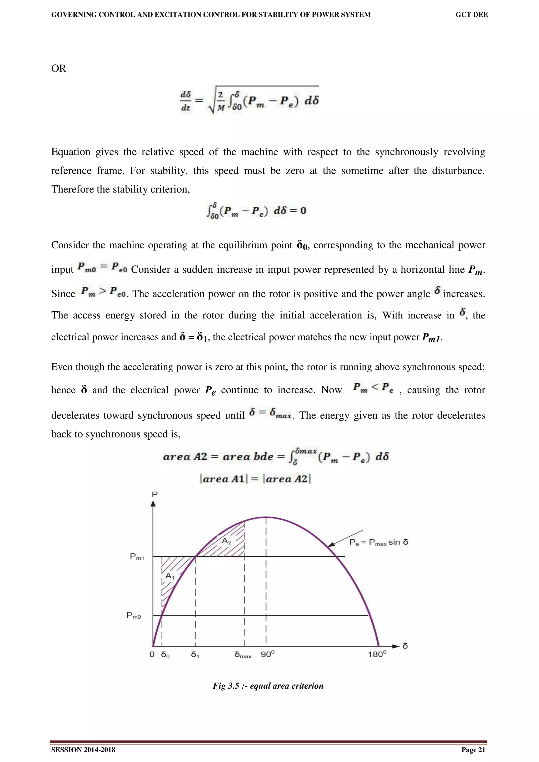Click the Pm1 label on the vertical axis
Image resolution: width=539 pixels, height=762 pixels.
pyautogui.click(x=137, y=557)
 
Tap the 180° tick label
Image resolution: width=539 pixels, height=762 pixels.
pyautogui.click(x=377, y=654)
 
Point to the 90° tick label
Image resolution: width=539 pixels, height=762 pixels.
pyautogui.click(x=267, y=654)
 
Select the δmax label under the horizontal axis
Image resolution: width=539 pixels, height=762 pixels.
pyautogui.click(x=243, y=655)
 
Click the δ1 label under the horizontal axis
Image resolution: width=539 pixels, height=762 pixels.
pyautogui.click(x=195, y=655)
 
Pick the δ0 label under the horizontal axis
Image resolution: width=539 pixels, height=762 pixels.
pyautogui.click(x=165, y=655)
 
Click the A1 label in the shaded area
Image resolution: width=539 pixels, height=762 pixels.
pyautogui.click(x=170, y=576)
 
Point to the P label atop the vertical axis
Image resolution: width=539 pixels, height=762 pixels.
pyautogui.click(x=154, y=495)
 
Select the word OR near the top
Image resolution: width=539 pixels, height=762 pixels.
pyautogui.click(x=58, y=68)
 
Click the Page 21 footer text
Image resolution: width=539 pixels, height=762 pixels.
pyautogui.click(x=473, y=750)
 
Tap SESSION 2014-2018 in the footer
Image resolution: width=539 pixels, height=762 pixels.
pyautogui.click(x=83, y=750)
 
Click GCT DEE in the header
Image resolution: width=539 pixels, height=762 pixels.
pyautogui.click(x=471, y=15)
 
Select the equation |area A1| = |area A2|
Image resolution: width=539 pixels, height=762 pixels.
pyautogui.click(x=255, y=479)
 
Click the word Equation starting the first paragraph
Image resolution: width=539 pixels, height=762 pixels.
pyautogui.click(x=71, y=152)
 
